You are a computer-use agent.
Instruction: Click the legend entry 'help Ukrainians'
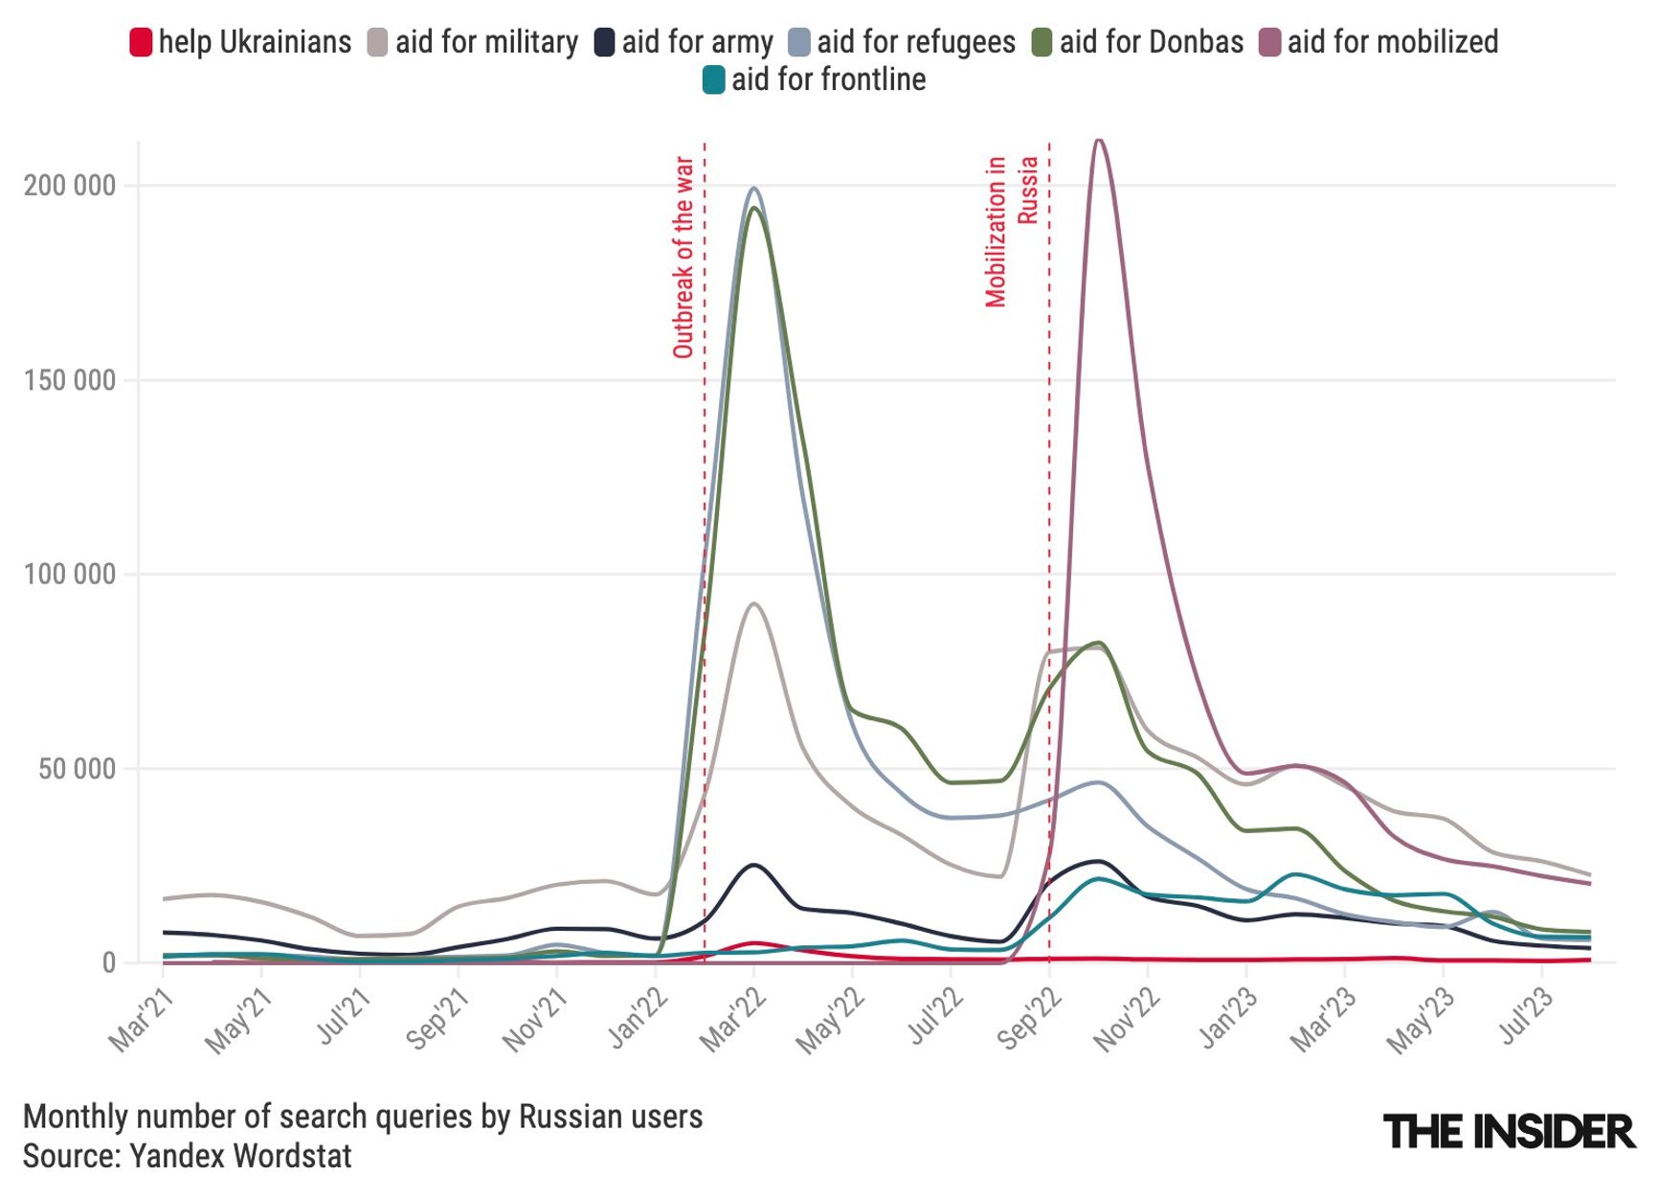coord(241,42)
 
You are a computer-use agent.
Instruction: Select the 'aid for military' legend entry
coord(474,42)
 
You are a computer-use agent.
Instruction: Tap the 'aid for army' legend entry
coord(684,42)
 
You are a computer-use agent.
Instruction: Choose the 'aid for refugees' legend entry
coord(903,42)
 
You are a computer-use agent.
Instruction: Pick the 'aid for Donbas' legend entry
coord(1138,42)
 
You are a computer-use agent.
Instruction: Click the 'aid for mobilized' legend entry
coord(1379,42)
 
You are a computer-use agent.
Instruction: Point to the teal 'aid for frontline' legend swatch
coord(713,79)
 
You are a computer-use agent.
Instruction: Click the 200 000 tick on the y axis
coord(70,186)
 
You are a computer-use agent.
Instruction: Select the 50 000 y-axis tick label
coord(77,769)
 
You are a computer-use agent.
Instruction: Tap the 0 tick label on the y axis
coord(108,963)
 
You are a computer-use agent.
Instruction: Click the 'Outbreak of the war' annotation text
coord(683,257)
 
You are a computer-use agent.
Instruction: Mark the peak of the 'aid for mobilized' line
coord(1099,141)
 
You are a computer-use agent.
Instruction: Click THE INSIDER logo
coord(1509,1132)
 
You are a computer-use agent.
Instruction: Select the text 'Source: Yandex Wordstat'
coord(188,1156)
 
